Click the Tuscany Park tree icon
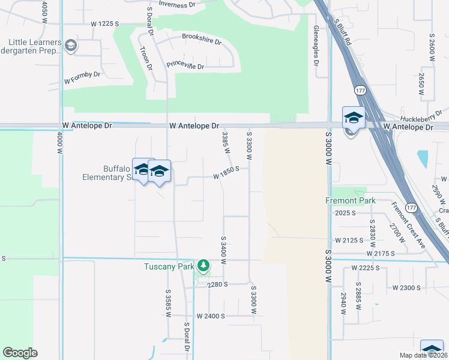pyautogui.click(x=204, y=265)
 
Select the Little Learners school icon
pyautogui.click(x=71, y=46)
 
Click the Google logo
pyautogui.click(x=20, y=353)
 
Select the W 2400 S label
pyautogui.click(x=210, y=316)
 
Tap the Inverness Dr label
pyautogui.click(x=177, y=4)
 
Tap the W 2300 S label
pyautogui.click(x=406, y=288)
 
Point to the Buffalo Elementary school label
pyautogui.click(x=107, y=172)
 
